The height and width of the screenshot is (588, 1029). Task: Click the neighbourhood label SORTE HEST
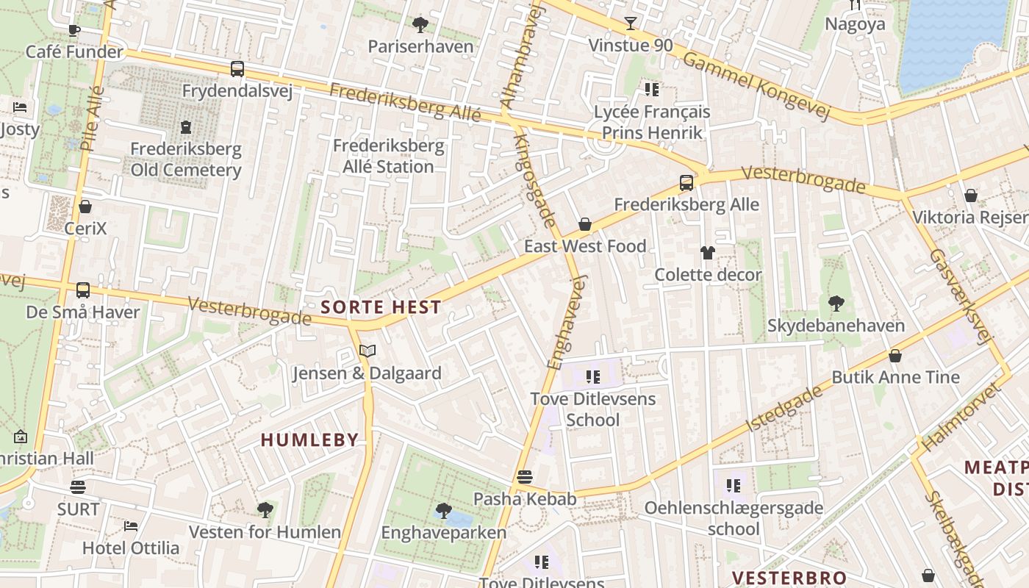pos(381,307)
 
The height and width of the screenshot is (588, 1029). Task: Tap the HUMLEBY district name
pos(309,440)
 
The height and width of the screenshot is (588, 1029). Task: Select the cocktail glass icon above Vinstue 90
pos(630,24)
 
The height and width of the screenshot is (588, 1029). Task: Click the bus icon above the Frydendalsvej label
pos(237,69)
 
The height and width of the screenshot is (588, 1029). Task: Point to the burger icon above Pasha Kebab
pos(524,477)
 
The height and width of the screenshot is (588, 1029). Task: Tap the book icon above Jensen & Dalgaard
pos(367,351)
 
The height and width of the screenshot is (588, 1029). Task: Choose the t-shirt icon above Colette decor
pos(707,253)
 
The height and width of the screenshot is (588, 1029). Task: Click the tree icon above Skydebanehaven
pos(836,303)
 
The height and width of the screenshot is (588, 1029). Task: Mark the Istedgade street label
pos(784,409)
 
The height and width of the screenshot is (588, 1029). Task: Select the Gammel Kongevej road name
pos(756,86)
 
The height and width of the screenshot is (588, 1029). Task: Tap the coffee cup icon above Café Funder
pos(73,30)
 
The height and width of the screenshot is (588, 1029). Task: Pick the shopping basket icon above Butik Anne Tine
pos(895,356)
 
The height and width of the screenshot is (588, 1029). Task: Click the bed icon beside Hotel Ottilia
pos(131,526)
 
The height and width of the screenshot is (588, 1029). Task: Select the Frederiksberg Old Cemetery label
pos(185,159)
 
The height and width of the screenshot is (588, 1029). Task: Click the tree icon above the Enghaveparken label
pos(443,510)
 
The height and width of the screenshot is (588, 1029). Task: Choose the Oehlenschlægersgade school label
pos(734,518)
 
